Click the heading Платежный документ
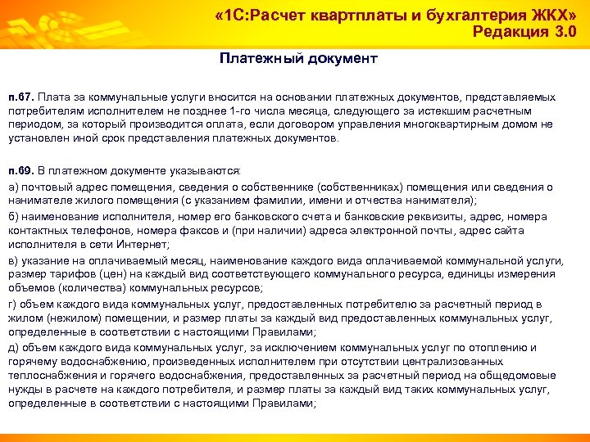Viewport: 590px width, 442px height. click(298, 59)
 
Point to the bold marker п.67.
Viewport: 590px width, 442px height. click(20, 97)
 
